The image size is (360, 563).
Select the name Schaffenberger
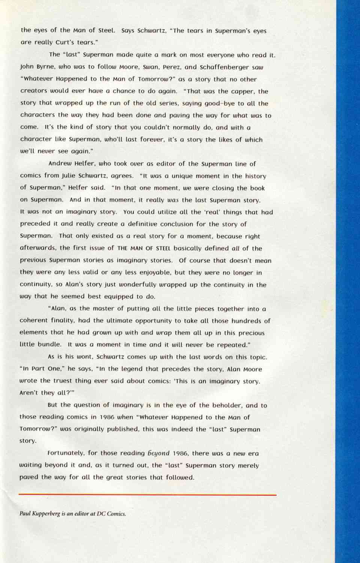(231, 67)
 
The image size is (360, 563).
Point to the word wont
(84, 357)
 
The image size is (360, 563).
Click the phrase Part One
(43, 369)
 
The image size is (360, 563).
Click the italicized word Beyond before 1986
(159, 453)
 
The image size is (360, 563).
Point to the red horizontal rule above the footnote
(147, 495)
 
